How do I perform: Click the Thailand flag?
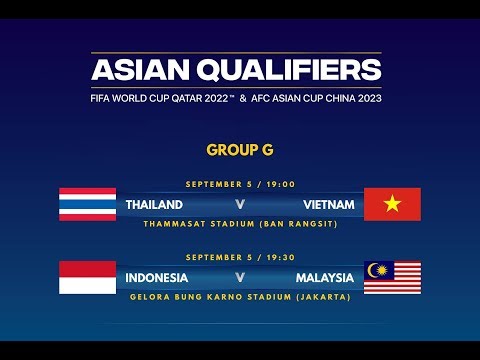[x=87, y=204]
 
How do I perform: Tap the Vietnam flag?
[x=392, y=204]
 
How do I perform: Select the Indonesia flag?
[x=87, y=277]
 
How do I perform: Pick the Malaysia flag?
[x=392, y=277]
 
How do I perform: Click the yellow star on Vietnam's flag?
[x=392, y=204]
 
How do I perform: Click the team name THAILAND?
[x=154, y=205]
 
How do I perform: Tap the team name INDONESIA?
[x=158, y=277]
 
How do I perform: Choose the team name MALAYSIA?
[x=324, y=277]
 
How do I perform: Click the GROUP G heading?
[x=240, y=150]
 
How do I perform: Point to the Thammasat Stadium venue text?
[x=240, y=223]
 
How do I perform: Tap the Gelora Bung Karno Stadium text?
[x=240, y=296]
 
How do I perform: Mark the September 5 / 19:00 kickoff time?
[x=240, y=185]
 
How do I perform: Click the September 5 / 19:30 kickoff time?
[x=240, y=258]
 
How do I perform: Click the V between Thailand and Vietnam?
[x=240, y=205]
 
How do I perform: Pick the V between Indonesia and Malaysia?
[x=240, y=277]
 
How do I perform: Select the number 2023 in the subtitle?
[x=366, y=98]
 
